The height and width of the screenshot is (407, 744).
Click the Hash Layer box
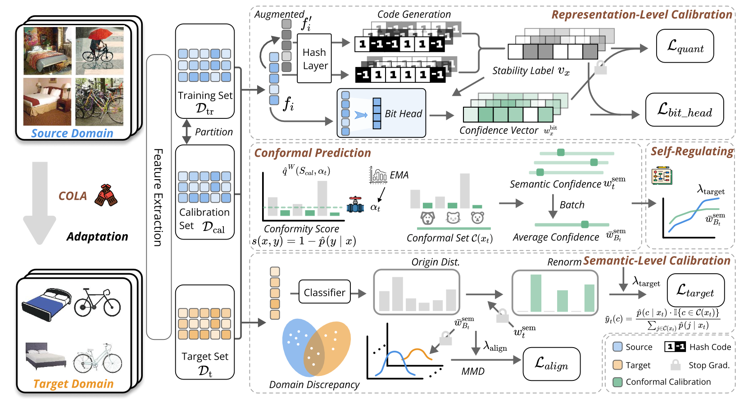coord(314,59)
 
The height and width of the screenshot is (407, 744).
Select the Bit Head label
coord(403,114)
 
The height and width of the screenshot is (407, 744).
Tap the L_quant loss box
coord(685,46)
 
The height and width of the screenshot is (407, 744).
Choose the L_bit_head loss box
coord(685,110)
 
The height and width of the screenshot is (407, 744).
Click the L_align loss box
coord(551,364)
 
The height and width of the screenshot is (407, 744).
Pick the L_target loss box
coord(695,290)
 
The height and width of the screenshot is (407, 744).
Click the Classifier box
coord(324,292)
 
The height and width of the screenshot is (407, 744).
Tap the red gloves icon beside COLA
coord(106,195)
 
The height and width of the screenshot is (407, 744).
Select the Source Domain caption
coord(72,133)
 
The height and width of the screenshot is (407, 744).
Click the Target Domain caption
coord(73,384)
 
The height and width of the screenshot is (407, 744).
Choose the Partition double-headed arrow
coord(186,131)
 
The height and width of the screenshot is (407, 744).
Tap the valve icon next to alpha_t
coord(355,205)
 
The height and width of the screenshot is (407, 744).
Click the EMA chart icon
coord(378,175)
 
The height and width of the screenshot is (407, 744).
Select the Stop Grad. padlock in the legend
coord(675,365)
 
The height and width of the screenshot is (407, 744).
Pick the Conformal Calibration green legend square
coord(618,382)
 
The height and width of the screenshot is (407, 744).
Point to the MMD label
coord(473,371)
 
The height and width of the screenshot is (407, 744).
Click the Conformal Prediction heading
coord(313,153)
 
